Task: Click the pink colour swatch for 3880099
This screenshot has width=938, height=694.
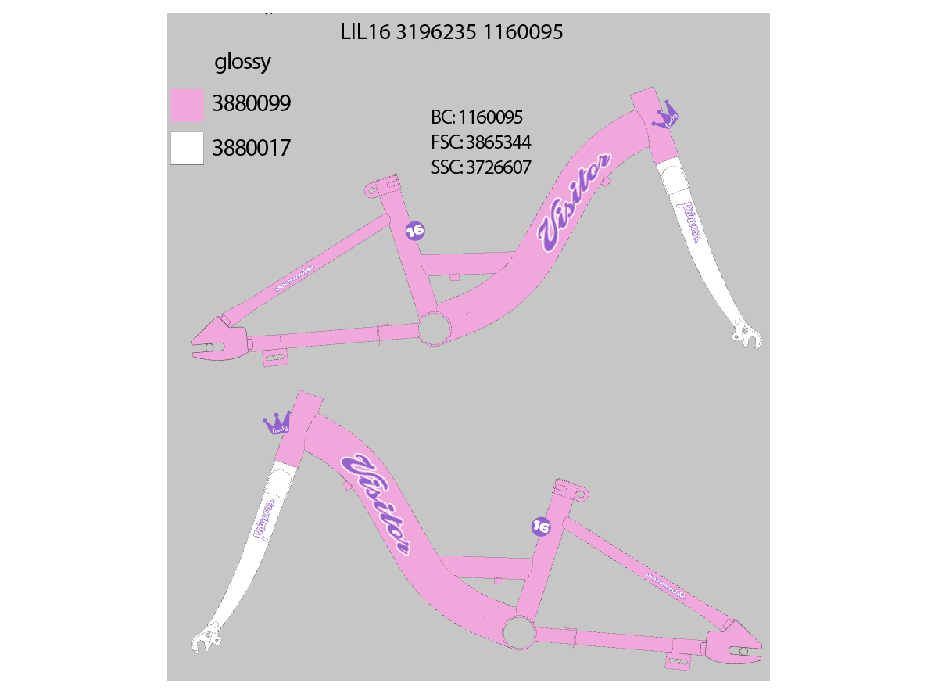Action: [187, 105]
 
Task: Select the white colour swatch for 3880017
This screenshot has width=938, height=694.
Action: [187, 148]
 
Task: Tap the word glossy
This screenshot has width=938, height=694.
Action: [242, 63]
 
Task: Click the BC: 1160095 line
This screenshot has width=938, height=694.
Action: [476, 118]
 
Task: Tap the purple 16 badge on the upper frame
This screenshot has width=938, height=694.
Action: [415, 230]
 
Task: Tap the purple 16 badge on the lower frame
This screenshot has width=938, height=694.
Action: [540, 527]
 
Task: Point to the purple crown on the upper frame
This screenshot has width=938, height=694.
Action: [667, 115]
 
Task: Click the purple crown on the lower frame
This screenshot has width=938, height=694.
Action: [277, 423]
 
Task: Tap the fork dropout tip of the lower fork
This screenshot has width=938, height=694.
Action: [205, 641]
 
